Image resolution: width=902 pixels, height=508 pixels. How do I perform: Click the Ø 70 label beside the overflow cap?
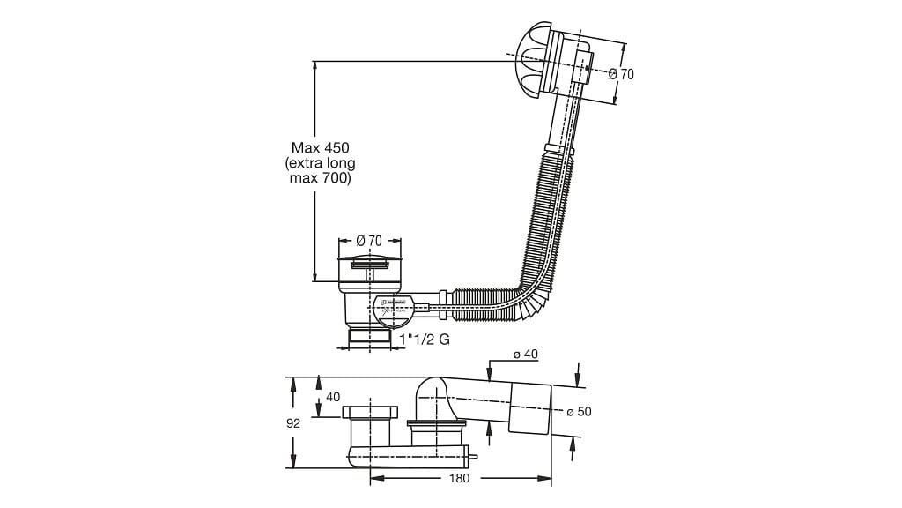621,74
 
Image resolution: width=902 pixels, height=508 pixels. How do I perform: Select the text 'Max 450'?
321,147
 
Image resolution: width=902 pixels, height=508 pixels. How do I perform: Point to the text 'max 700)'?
321,179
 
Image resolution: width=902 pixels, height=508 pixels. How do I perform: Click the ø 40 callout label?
525,355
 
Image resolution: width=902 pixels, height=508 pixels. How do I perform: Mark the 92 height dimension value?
293,423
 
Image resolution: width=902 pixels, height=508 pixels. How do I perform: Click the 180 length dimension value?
458,478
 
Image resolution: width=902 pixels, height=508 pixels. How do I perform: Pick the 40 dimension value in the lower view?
333,397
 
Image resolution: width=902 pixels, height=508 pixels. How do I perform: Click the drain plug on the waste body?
369,263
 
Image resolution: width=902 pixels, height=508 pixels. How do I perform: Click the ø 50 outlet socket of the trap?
529,407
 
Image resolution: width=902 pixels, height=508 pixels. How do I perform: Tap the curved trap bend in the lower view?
433,397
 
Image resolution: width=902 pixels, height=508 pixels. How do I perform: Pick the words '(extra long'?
321,163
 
